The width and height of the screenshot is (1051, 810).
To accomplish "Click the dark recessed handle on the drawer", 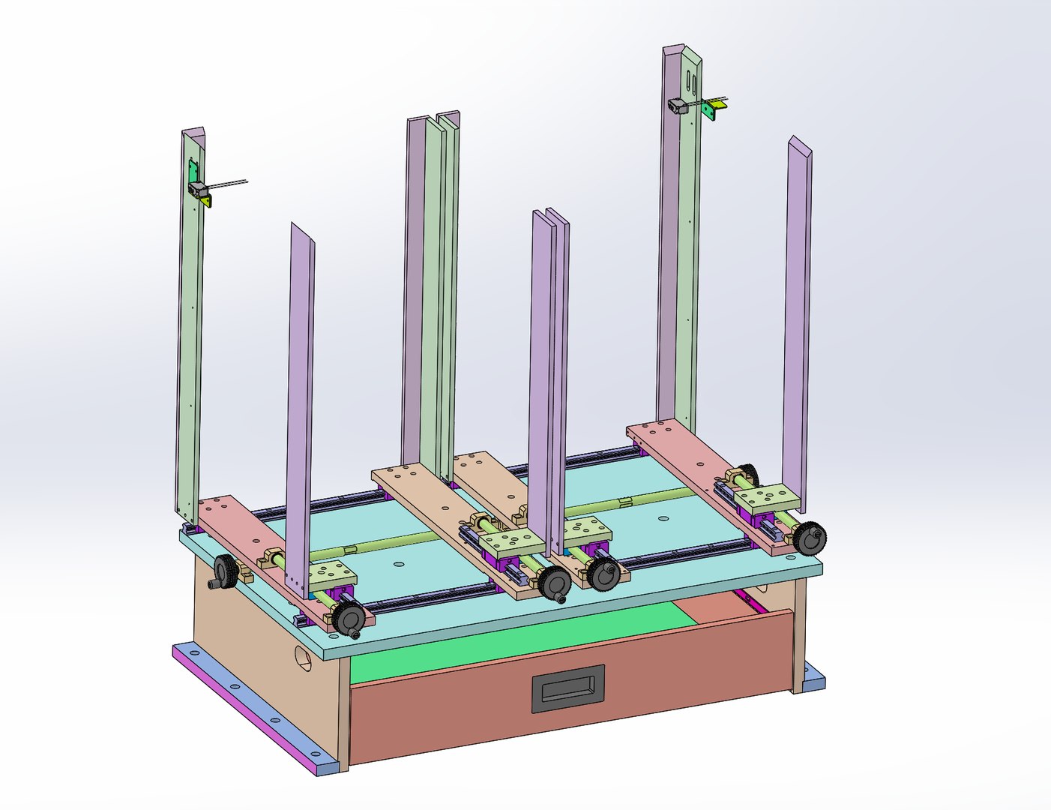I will point(567,688).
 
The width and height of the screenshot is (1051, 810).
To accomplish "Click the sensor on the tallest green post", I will point(679,106).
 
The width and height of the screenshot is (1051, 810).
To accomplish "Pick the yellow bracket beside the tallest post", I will point(714,110).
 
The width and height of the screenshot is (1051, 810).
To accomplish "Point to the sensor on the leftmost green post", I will point(197,189).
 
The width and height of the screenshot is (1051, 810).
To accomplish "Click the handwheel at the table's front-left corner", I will point(350,618).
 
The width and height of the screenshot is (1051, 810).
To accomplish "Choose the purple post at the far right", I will point(798,315).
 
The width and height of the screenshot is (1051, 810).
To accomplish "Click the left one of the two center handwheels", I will point(555,582).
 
